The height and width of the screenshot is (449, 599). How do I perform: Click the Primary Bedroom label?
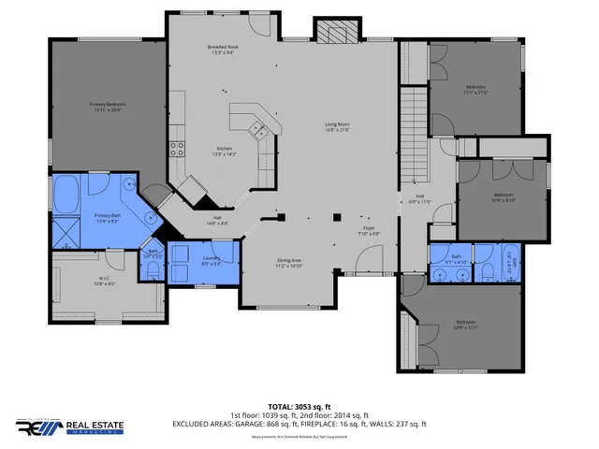108,107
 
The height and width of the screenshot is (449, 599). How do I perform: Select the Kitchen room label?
225,152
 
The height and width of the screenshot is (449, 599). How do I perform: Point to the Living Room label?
337,126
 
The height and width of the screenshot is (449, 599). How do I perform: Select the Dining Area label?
289,263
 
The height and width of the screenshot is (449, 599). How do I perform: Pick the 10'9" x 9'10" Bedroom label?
504,196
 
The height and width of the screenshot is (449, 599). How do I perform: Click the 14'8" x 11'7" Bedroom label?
465,326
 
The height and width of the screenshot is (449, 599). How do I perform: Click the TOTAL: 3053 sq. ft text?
299,407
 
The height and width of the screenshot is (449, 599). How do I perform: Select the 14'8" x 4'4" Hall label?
215,222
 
